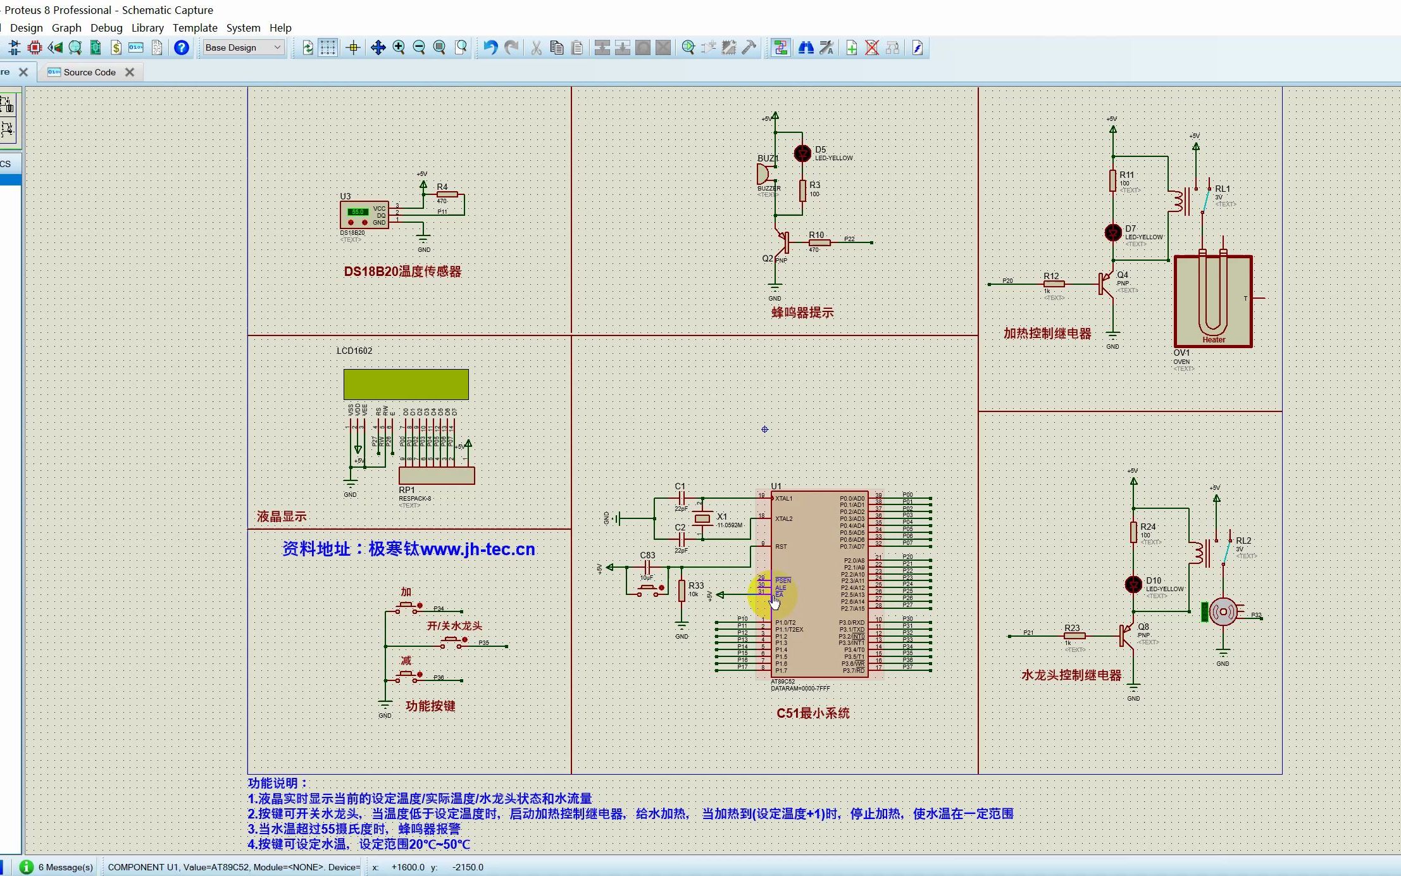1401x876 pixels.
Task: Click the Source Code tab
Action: point(89,72)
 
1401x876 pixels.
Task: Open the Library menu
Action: point(147,28)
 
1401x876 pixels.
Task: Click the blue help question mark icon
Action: point(182,47)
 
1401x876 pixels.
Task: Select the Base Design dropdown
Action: point(243,47)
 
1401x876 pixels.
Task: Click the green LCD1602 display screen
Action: point(406,384)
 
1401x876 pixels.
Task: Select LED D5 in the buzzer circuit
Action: point(802,153)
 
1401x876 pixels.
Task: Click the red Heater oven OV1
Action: point(1213,301)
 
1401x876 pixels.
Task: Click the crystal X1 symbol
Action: point(702,519)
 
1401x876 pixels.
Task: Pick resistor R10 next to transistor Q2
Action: point(819,242)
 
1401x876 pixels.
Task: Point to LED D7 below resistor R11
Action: point(1113,233)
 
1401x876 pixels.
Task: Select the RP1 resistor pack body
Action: point(437,475)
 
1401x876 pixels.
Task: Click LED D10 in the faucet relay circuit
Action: point(1133,584)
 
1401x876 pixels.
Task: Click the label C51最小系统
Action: point(813,713)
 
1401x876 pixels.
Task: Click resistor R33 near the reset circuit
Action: point(682,591)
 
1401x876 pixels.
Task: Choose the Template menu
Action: point(195,28)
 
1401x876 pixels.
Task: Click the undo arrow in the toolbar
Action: point(490,47)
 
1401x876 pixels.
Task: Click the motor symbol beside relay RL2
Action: point(1223,612)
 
